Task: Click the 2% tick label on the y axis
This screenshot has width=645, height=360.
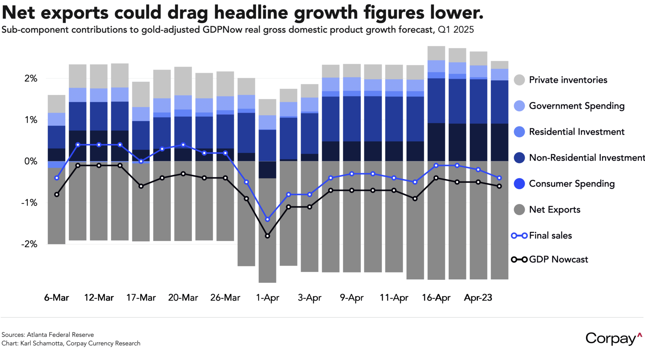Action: (31, 78)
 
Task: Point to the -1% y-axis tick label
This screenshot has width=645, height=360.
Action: (30, 203)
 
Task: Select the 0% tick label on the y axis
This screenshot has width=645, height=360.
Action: (31, 161)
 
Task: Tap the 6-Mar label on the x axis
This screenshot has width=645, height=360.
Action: (57, 298)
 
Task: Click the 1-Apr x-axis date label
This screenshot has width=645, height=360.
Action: (268, 298)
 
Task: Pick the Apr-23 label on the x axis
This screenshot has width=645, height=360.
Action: (478, 298)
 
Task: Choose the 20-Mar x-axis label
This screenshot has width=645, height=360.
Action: (183, 298)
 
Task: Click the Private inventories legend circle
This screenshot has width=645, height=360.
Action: (519, 80)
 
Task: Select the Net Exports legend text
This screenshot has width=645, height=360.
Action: (555, 210)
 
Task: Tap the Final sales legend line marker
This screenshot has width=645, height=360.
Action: (519, 236)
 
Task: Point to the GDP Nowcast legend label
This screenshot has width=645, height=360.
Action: (558, 260)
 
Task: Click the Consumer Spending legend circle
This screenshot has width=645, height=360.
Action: (519, 184)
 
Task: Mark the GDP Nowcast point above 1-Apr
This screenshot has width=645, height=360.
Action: (268, 236)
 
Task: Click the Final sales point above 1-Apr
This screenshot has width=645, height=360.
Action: (268, 220)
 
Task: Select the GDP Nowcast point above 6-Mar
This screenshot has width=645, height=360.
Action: (57, 195)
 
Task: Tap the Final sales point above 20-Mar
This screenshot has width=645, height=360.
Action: (183, 145)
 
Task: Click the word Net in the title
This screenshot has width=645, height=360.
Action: (18, 13)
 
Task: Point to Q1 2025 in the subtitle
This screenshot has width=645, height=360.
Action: (456, 30)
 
